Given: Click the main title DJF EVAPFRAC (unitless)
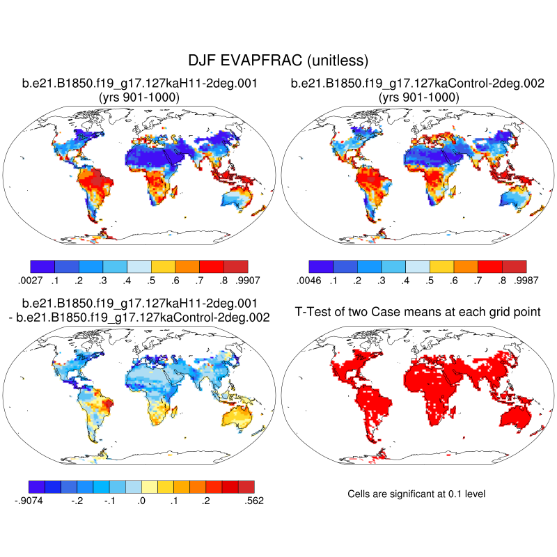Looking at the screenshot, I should click(x=278, y=61).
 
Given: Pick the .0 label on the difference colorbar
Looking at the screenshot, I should click(x=141, y=500).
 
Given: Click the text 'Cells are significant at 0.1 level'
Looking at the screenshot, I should click(x=416, y=494).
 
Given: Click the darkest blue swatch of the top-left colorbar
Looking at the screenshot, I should click(x=42, y=266).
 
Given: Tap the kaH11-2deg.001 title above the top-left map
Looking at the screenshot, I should click(x=140, y=84).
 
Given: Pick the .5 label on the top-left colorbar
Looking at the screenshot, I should click(x=151, y=281).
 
